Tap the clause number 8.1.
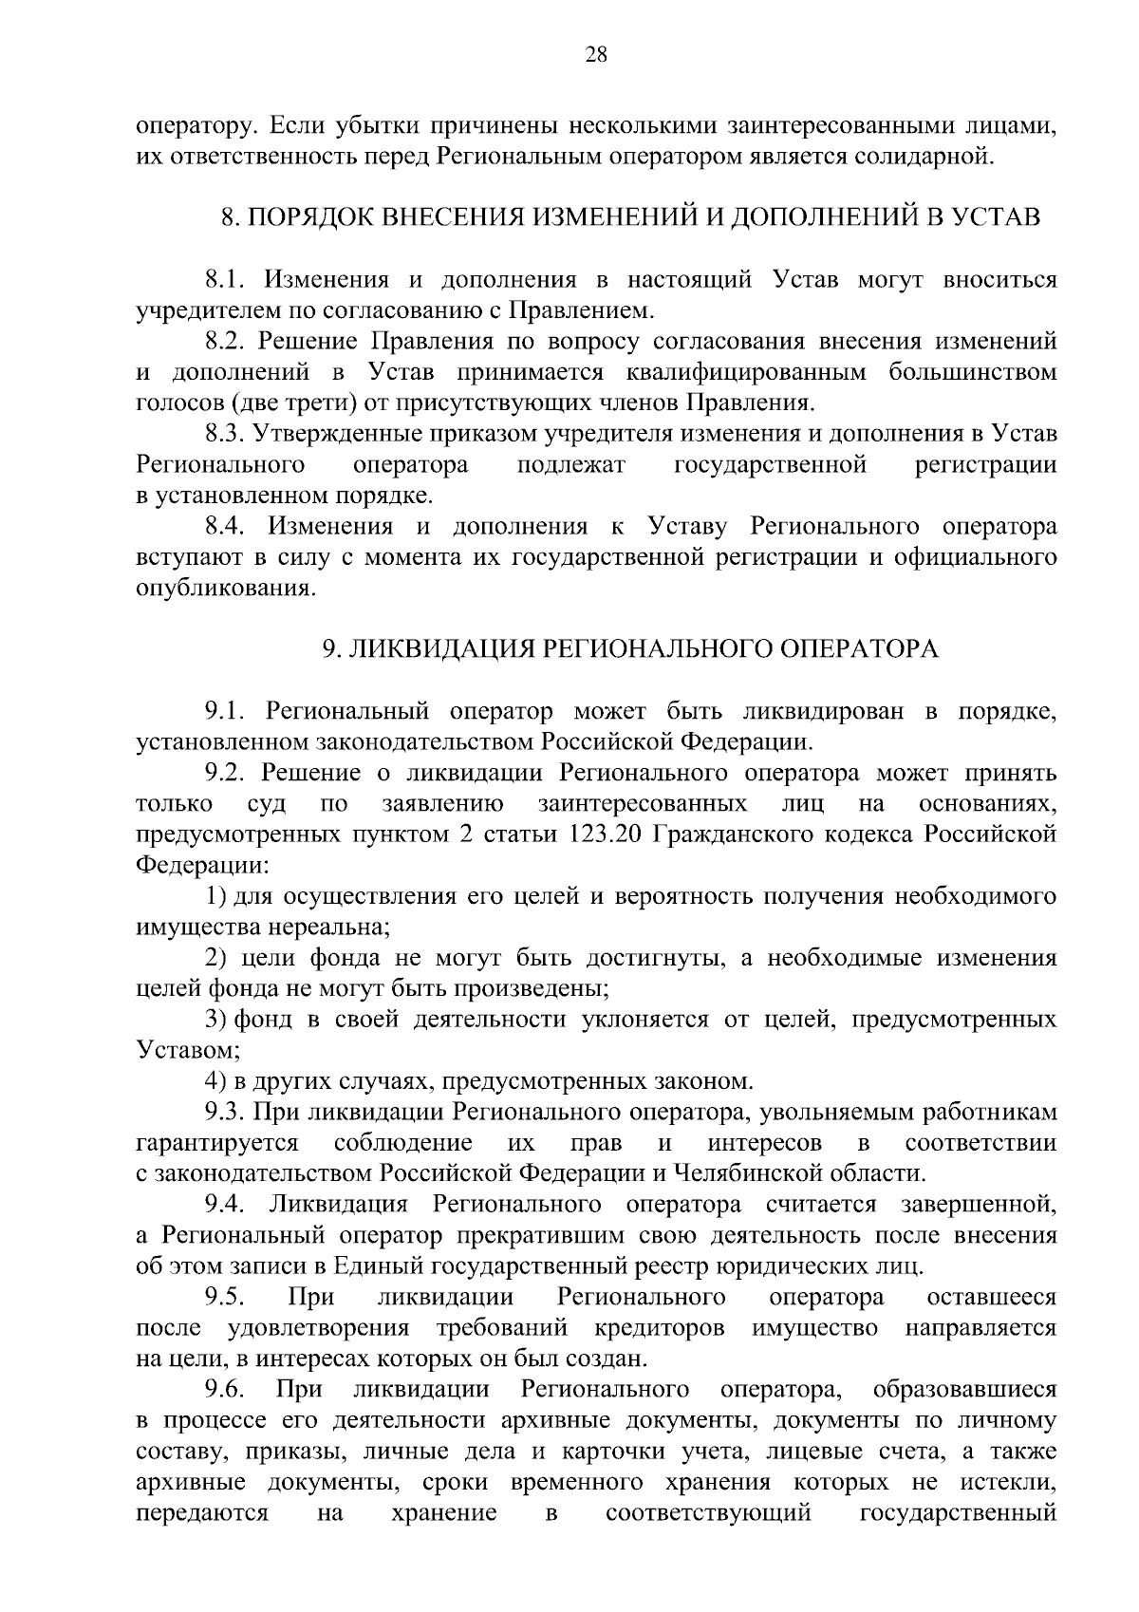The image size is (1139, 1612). (x=227, y=280)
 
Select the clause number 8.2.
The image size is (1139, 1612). (x=227, y=342)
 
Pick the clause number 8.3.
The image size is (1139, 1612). (x=227, y=434)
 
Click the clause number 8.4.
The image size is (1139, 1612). (x=227, y=527)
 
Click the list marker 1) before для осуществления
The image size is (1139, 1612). (x=215, y=896)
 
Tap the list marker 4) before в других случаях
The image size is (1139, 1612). (x=215, y=1081)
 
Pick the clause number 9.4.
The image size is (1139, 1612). (x=227, y=1205)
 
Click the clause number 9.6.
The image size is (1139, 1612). (x=227, y=1390)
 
